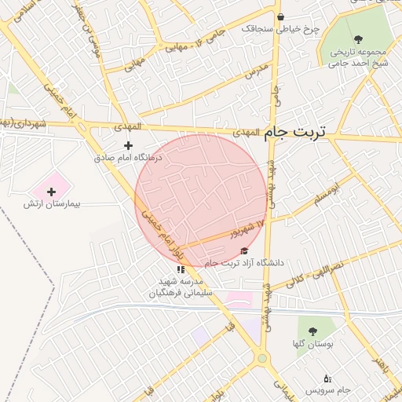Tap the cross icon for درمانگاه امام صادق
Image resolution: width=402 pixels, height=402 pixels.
pos(129,145)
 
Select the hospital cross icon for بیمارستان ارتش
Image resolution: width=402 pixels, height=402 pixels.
pos(52,192)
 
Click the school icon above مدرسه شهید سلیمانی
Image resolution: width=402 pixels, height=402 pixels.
pos(181,269)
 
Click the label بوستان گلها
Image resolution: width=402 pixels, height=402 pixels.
pos(319,344)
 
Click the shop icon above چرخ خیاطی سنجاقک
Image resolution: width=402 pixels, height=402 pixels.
pos(280,16)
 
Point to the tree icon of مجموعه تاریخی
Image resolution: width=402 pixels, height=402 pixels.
pos(358,38)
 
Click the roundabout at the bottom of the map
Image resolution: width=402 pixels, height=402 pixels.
pos(261,358)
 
